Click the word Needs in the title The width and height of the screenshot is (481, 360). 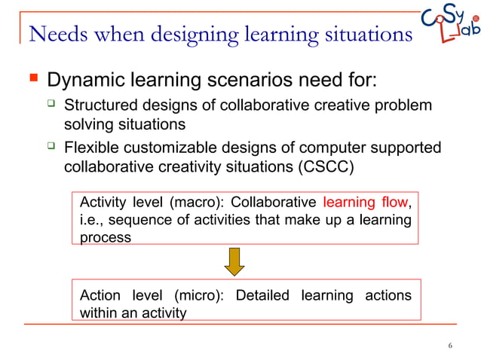[x=56, y=34]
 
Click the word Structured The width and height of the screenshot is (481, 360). [x=100, y=105]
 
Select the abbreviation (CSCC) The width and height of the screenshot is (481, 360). [x=317, y=166]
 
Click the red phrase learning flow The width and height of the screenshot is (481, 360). [x=364, y=202]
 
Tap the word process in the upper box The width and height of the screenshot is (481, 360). [x=105, y=237]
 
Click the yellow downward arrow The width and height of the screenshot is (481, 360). [x=234, y=261]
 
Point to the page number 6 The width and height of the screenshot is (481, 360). [x=449, y=346]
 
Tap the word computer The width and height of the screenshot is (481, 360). [x=335, y=148]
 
